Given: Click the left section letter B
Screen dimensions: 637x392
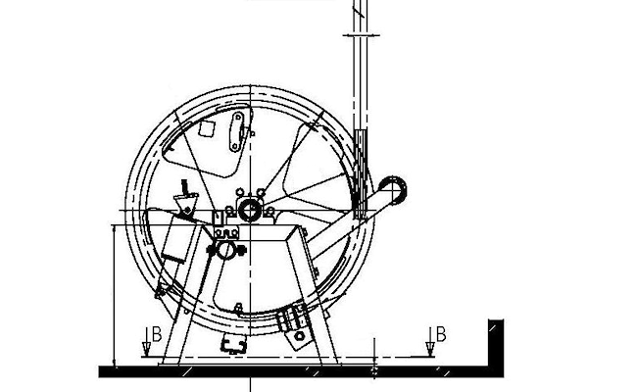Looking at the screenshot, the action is coord(157,334).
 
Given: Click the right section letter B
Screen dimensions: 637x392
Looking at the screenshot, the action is coord(441,334).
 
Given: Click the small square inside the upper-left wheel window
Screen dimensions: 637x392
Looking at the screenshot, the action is coord(207,128).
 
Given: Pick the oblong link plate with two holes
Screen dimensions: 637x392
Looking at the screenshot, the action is coord(236,132).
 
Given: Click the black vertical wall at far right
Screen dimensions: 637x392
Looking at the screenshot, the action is coord(496,348).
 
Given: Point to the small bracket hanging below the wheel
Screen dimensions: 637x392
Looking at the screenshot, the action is coord(233,345).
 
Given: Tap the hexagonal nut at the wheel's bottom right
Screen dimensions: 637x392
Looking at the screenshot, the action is coord(300,336).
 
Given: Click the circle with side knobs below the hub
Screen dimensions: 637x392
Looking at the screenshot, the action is coord(225,250).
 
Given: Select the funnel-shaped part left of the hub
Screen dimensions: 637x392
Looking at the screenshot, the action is coord(186,203).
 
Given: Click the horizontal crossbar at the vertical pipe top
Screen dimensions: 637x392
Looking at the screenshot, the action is coord(362,35).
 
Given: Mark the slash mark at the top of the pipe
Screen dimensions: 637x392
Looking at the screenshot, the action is coord(359,9).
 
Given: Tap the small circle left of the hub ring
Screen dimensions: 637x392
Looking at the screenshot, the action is coord(229,211).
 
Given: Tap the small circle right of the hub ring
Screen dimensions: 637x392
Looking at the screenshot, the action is coord(269,211).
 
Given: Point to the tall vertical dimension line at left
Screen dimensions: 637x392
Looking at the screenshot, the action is coord(114,295).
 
